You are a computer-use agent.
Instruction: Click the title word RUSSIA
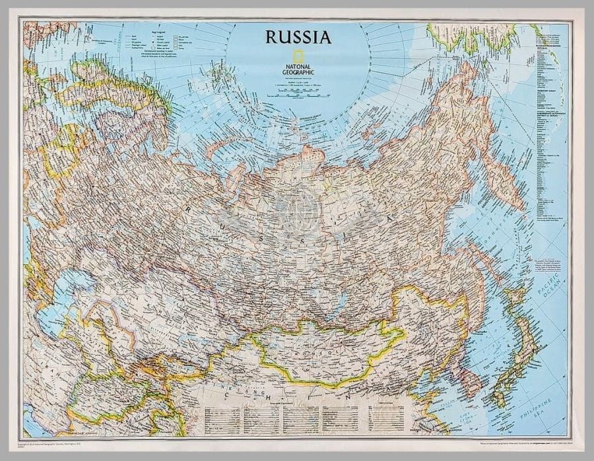pyautogui.click(x=298, y=37)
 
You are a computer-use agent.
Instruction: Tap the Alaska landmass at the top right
pyautogui.click(x=475, y=36)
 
